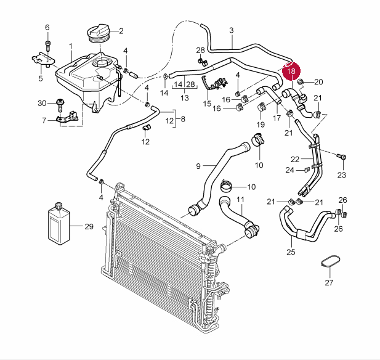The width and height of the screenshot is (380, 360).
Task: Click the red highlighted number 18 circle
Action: [291, 71]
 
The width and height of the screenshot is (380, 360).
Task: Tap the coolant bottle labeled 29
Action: [59, 223]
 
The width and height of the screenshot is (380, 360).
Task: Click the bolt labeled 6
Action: [48, 46]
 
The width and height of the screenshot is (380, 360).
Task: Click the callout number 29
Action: [89, 226]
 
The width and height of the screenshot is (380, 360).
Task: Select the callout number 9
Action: [198, 166]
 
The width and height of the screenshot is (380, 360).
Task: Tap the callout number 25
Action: [291, 252]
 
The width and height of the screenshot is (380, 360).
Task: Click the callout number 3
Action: [232, 30]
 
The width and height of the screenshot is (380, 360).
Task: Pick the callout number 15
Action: [207, 104]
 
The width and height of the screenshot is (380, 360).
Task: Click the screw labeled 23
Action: [342, 157]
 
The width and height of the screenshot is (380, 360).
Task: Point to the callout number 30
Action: [42, 104]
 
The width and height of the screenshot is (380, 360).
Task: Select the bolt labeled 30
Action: [60, 105]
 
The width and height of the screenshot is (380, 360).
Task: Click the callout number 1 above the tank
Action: [71, 46]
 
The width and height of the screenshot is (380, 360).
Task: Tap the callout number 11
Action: [240, 200]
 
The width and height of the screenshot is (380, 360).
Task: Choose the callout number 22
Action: [295, 160]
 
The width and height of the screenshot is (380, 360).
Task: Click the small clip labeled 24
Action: [307, 170]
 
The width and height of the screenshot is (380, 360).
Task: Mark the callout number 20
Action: [318, 82]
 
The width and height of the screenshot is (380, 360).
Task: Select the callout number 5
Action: [41, 78]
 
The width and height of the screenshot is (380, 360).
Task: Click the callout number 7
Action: [44, 120]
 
